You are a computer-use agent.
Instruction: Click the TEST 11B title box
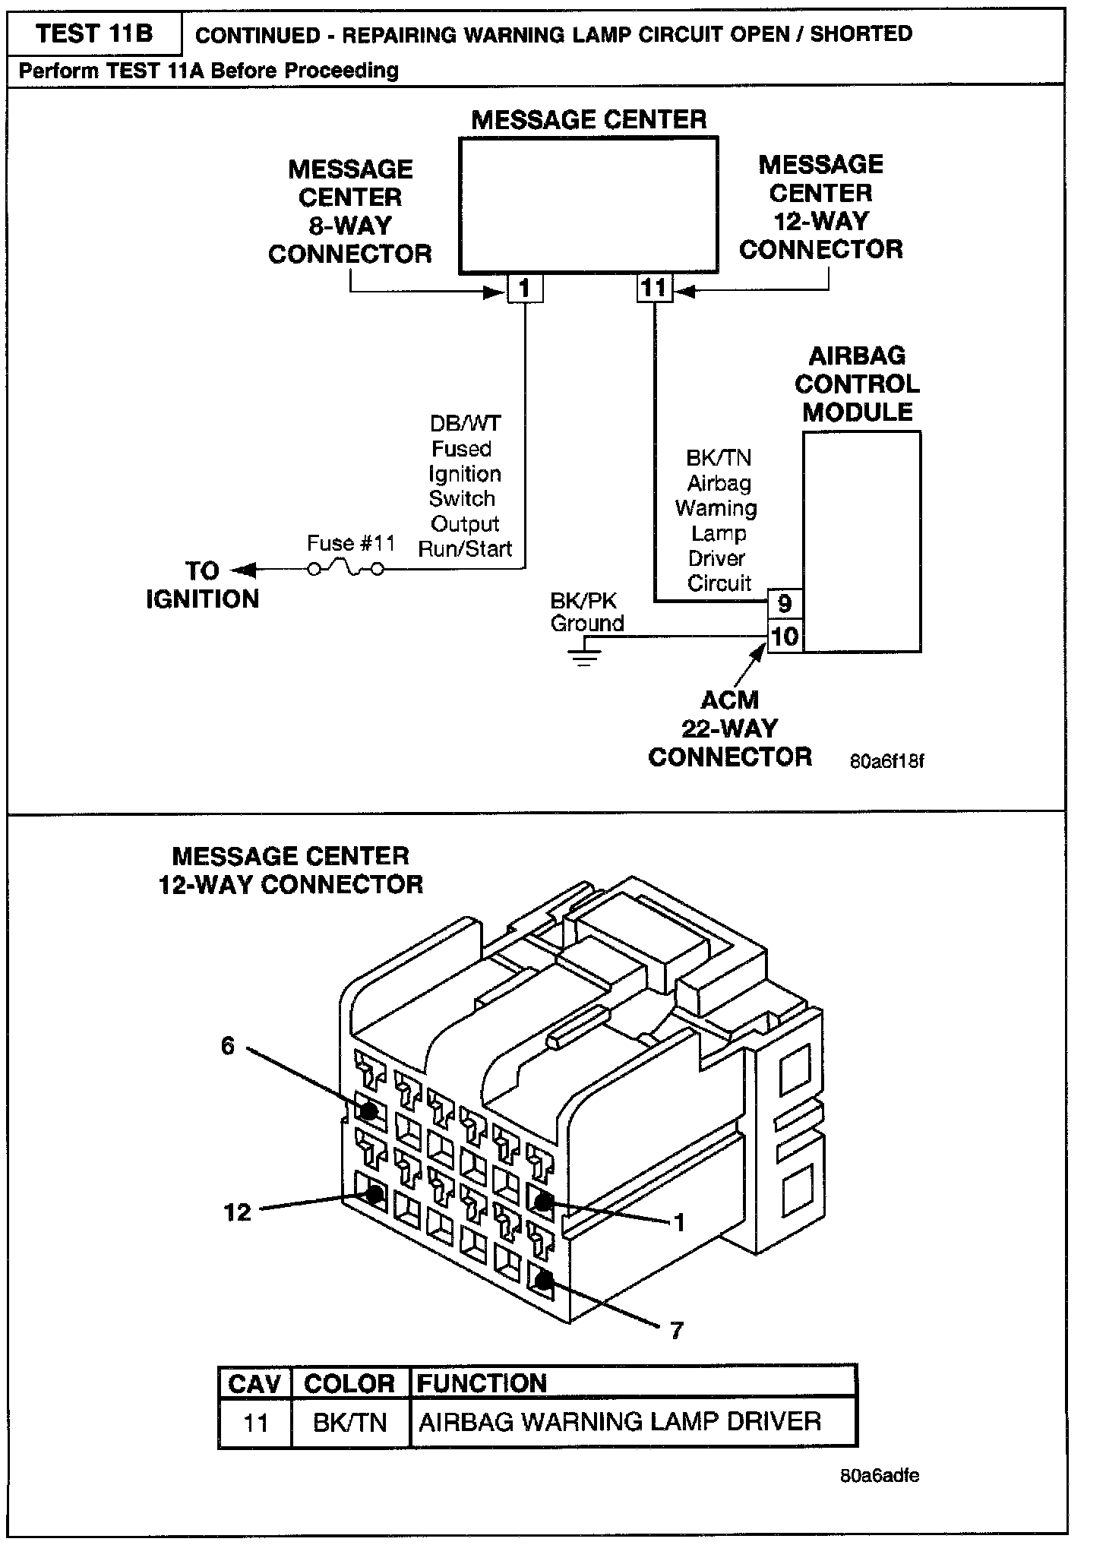(x=94, y=33)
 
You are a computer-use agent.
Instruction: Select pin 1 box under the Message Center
(x=525, y=289)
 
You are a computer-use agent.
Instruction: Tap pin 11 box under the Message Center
(x=654, y=289)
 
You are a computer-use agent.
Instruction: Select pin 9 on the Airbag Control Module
(x=785, y=605)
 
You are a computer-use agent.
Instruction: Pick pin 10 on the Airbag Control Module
(x=785, y=636)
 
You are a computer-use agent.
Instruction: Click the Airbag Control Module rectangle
(x=861, y=541)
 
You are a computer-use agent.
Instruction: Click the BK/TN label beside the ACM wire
(x=719, y=458)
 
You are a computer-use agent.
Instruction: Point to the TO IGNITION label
(x=203, y=585)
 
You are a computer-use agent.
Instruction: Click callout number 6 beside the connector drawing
(x=228, y=1047)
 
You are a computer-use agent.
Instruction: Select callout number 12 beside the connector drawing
(x=238, y=1212)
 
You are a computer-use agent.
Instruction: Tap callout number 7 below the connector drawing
(x=676, y=1330)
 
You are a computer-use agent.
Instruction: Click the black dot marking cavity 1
(x=543, y=1201)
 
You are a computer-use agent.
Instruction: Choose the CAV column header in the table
(x=254, y=1383)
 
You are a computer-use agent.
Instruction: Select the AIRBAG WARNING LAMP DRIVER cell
(x=620, y=1422)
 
